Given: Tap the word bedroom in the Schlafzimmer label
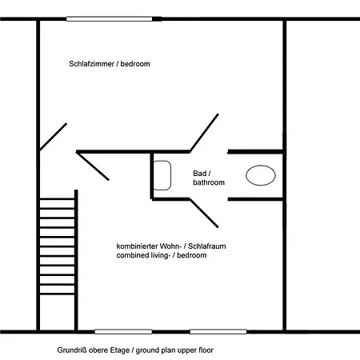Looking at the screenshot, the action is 135,64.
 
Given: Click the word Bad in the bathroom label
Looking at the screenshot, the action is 200,174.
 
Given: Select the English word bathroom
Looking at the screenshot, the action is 209,182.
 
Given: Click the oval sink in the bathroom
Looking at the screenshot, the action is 261,175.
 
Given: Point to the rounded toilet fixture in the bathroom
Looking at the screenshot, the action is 162,175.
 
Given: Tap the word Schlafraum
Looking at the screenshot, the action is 207,246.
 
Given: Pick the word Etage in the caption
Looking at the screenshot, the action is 121,350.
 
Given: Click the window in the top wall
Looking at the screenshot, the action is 110,19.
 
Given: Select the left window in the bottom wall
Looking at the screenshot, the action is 123,331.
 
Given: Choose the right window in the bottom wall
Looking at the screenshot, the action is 218,331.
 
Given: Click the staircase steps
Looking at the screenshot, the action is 57,246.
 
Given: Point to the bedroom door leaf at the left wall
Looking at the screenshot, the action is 53,137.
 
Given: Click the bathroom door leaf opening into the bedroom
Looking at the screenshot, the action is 204,133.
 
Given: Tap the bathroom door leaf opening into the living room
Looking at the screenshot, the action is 204,214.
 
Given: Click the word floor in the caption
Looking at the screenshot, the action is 206,350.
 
